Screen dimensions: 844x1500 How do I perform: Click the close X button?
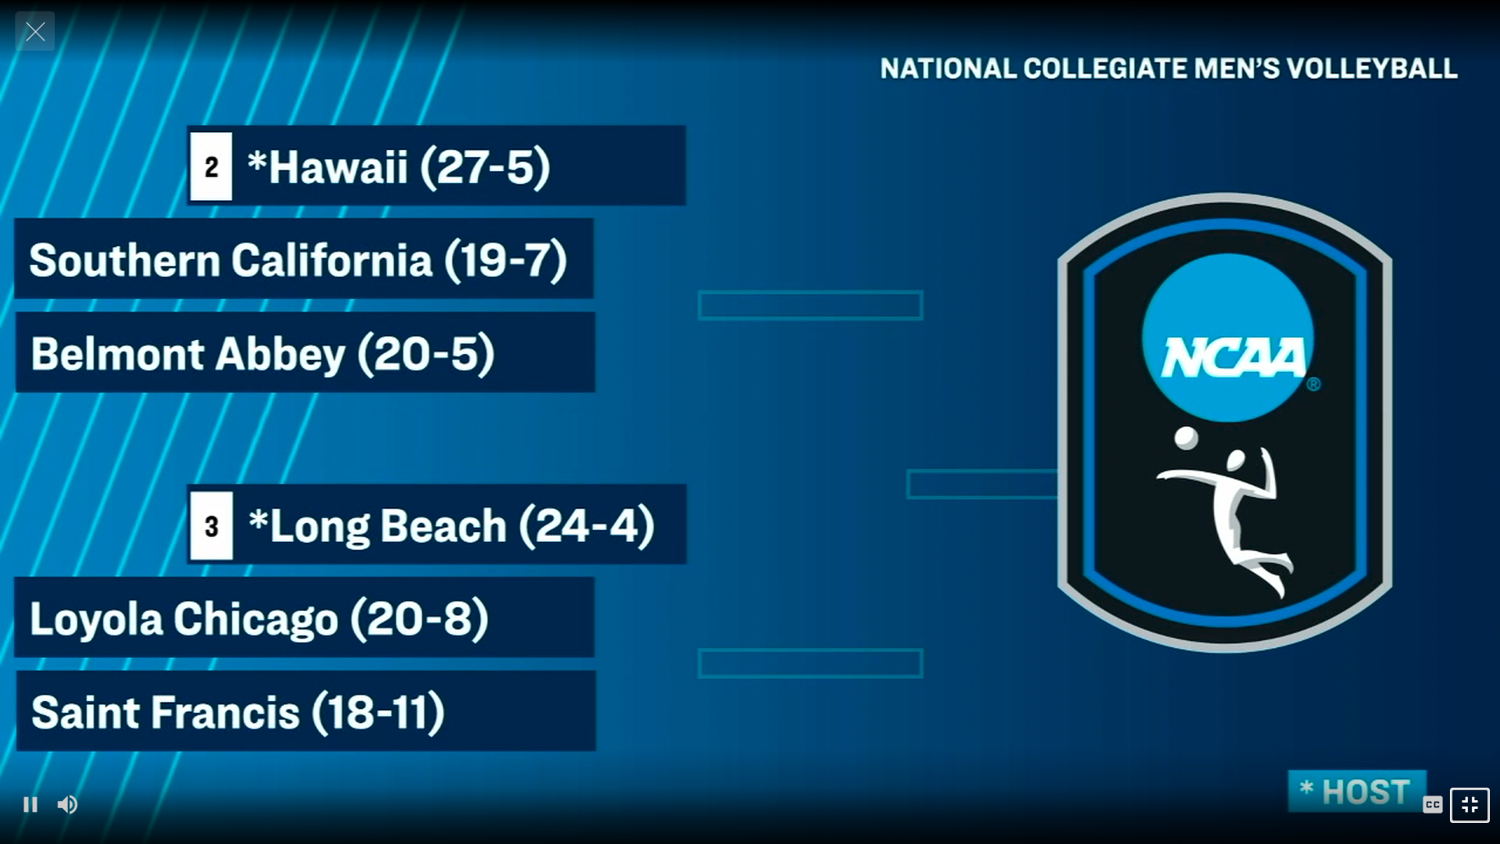click(x=35, y=32)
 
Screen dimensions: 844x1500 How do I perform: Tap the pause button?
click(x=30, y=804)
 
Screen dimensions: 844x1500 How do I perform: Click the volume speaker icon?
click(x=67, y=804)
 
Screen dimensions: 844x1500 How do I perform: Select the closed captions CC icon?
click(x=1432, y=804)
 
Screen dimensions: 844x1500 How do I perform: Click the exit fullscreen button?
click(x=1470, y=805)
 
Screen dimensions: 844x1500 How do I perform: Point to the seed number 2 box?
click(x=211, y=166)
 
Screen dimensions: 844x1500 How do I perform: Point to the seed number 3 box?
click(x=211, y=526)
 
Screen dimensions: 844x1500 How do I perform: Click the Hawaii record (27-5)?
click(x=485, y=166)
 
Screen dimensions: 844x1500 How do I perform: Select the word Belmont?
click(x=118, y=354)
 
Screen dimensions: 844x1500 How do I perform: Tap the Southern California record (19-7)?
click(x=505, y=260)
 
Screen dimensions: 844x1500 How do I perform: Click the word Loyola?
click(x=96, y=619)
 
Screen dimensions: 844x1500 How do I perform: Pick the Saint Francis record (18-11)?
click(x=378, y=713)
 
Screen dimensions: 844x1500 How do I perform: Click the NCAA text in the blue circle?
click(x=1233, y=358)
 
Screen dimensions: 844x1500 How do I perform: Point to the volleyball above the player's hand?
click(x=1186, y=438)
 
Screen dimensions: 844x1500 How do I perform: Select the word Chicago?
click(x=255, y=619)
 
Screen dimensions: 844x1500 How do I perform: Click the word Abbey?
click(x=280, y=354)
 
